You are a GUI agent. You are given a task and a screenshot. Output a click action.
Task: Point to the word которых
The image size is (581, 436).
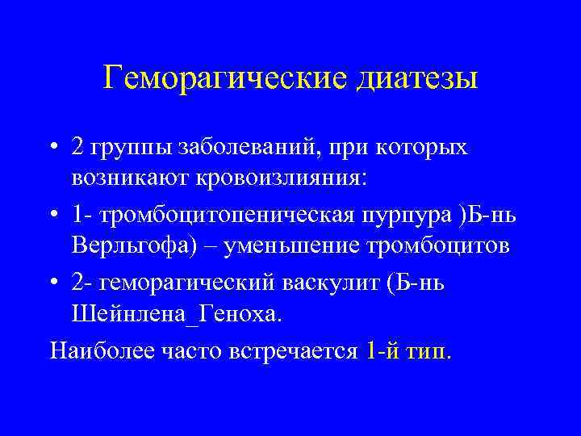pos(423,149)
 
